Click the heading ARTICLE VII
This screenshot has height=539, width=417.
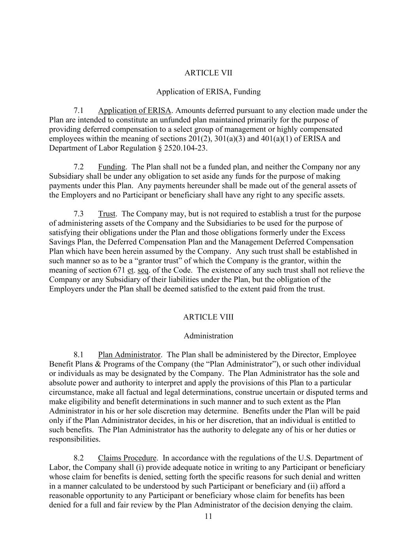208,73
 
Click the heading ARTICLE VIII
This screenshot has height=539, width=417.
208,317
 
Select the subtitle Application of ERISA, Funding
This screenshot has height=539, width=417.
208,92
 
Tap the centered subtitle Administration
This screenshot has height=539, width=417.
208,336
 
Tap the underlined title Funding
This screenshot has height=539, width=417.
111,167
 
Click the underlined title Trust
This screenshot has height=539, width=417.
107,214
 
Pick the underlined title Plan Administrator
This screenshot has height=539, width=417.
129,355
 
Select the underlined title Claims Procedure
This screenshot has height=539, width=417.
127,458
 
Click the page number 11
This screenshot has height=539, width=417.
208,517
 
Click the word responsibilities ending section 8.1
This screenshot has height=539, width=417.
74,439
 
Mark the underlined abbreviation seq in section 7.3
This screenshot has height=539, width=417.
142,270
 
